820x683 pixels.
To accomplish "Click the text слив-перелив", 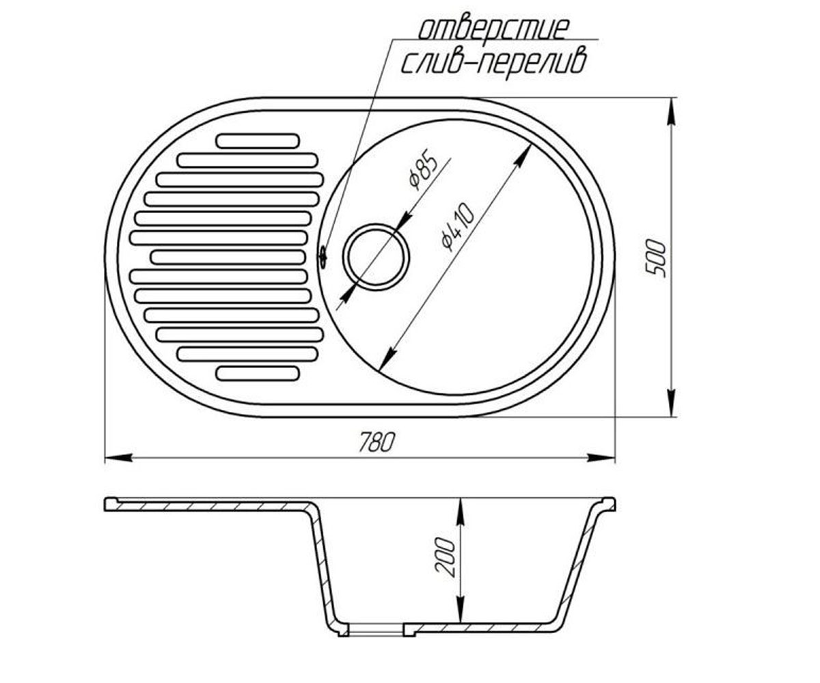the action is click(x=493, y=64).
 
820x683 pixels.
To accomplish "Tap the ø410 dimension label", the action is click(x=458, y=227).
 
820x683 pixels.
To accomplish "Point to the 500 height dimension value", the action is click(x=656, y=259).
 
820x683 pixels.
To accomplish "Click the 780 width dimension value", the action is click(x=377, y=442).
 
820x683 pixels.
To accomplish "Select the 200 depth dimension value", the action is click(x=445, y=557).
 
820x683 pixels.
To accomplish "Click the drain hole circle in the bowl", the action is click(x=376, y=257).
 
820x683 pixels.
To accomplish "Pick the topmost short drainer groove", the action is click(x=258, y=141).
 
